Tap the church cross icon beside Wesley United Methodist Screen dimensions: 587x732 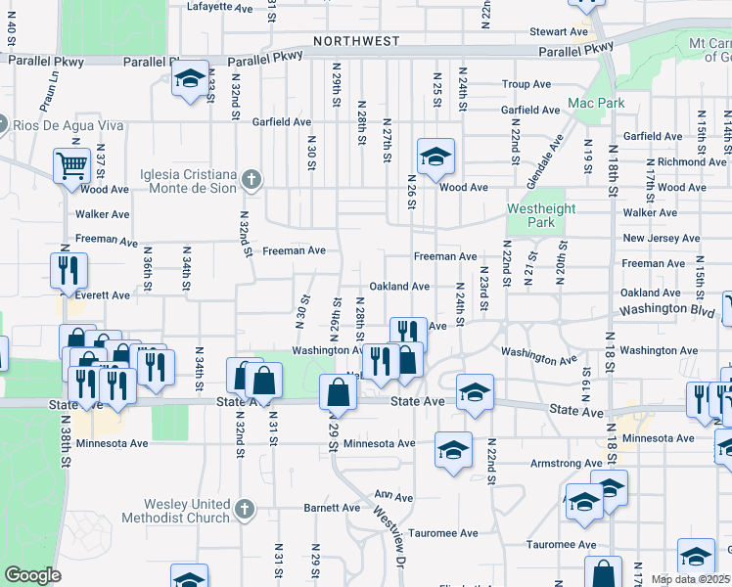245,510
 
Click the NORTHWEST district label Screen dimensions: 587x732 356,41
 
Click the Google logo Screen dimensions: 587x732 32,575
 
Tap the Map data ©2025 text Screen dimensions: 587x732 690,579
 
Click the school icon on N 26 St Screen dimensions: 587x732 436,155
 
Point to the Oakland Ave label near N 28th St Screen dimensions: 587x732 399,287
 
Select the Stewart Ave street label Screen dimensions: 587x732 559,32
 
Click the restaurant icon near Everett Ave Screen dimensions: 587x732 69,271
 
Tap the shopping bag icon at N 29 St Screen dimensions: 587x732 338,393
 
